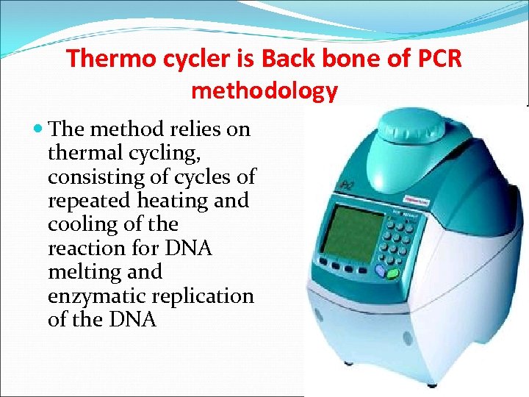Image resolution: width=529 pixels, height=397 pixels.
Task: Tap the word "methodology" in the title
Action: (x=264, y=90)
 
